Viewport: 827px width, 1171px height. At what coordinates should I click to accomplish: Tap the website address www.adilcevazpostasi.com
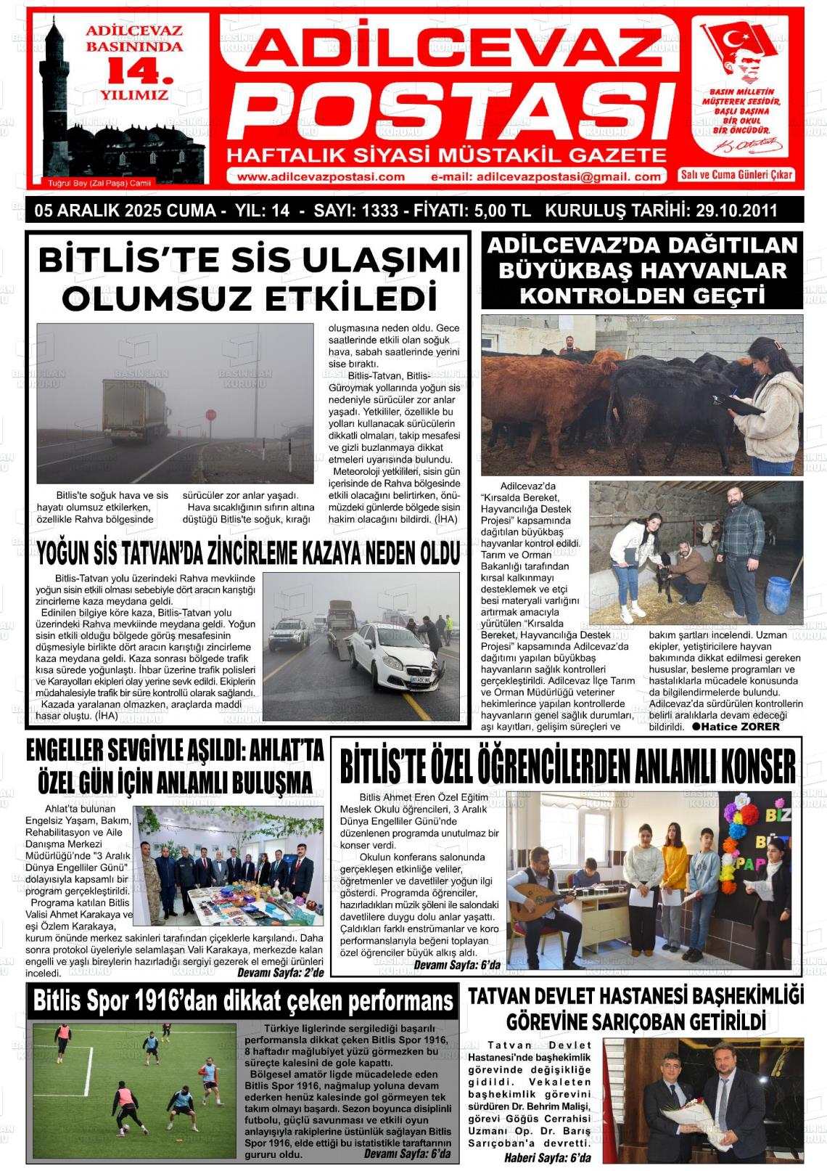(321, 176)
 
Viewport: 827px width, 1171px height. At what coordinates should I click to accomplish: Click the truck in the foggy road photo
(135, 410)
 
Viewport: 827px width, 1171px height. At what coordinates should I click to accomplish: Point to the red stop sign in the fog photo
(211, 416)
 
